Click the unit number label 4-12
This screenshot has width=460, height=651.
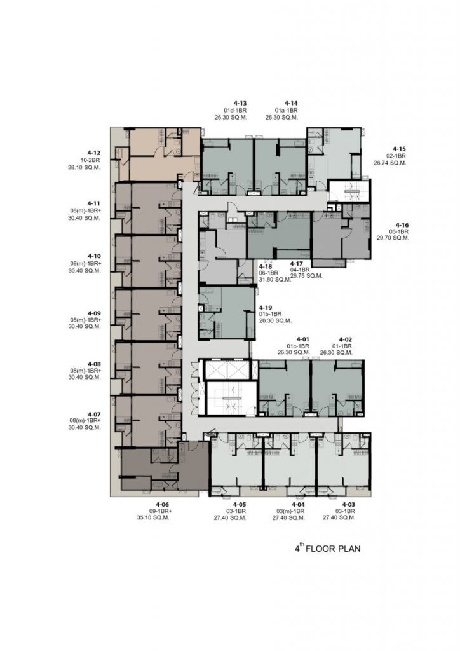[94, 153]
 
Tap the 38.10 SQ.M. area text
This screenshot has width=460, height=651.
[85, 167]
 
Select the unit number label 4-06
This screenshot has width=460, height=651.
[163, 504]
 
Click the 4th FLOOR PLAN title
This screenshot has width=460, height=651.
[328, 549]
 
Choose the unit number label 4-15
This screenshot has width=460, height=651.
[400, 149]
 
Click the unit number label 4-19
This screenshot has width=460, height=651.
[266, 308]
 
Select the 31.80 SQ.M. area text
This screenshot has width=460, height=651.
[275, 280]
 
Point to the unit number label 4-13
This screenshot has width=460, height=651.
[240, 103]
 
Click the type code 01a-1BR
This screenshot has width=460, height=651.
[286, 111]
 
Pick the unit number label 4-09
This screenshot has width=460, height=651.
[94, 313]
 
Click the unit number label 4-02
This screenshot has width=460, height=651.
[346, 339]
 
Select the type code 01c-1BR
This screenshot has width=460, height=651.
[298, 346]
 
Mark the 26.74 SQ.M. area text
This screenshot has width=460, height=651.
[390, 163]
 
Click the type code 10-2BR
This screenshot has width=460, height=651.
[90, 160]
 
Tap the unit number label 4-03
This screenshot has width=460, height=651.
[348, 504]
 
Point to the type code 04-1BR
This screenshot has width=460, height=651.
[300, 269]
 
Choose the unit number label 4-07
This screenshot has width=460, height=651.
[94, 415]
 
